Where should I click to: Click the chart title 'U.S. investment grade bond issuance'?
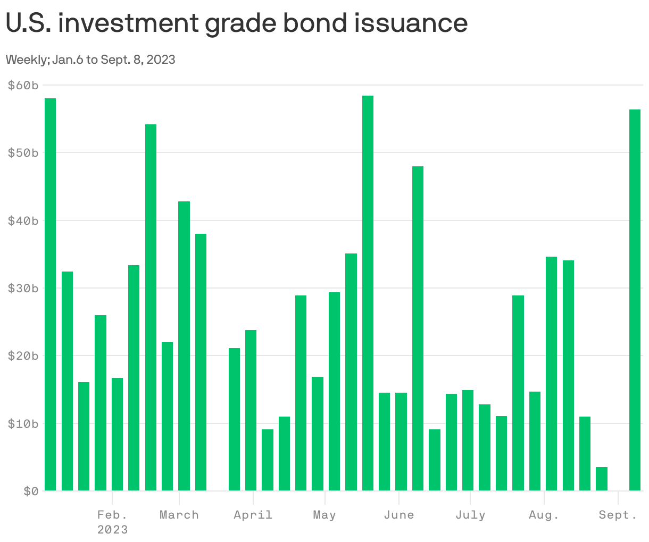click(x=237, y=23)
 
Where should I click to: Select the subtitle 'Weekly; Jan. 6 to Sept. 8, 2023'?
click(x=90, y=60)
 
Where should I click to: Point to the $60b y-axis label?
click(x=23, y=86)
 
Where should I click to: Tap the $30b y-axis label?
click(x=23, y=289)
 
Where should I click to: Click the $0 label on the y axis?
click(x=31, y=492)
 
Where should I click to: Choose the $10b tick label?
click(x=23, y=424)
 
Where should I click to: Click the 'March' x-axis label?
click(x=179, y=515)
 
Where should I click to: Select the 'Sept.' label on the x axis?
click(x=618, y=515)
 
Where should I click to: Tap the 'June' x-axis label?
click(x=398, y=515)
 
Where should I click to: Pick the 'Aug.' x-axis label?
click(x=544, y=515)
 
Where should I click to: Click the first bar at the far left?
click(x=50, y=294)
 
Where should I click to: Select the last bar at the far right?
click(x=635, y=300)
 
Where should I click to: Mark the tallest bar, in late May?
click(x=368, y=293)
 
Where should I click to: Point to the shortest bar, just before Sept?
click(x=602, y=479)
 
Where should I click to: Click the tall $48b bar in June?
click(x=418, y=328)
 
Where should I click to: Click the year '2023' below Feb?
click(x=112, y=530)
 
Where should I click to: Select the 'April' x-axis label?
click(x=253, y=515)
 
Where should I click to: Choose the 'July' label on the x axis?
click(x=470, y=515)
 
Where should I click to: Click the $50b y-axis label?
click(x=23, y=153)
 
